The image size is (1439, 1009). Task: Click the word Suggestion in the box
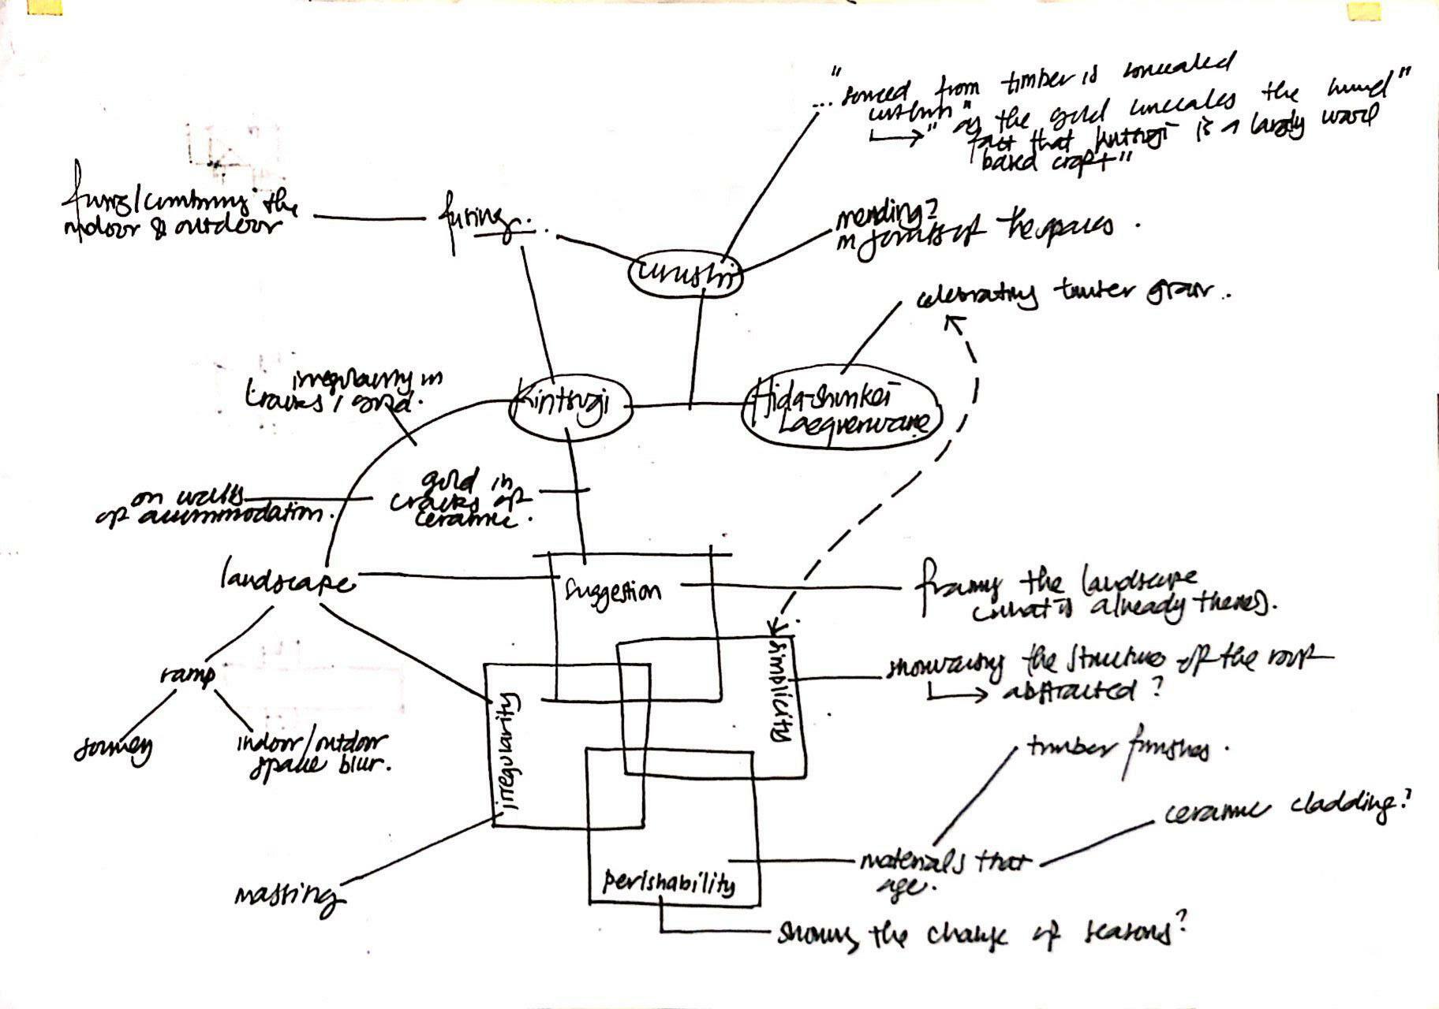pyautogui.click(x=613, y=590)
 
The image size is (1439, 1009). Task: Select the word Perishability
pyautogui.click(x=667, y=883)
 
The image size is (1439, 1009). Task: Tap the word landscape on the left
pyautogui.click(x=286, y=582)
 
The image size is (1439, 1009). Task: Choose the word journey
pyautogui.click(x=113, y=749)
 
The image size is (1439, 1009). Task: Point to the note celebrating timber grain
pyautogui.click(x=1069, y=297)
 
